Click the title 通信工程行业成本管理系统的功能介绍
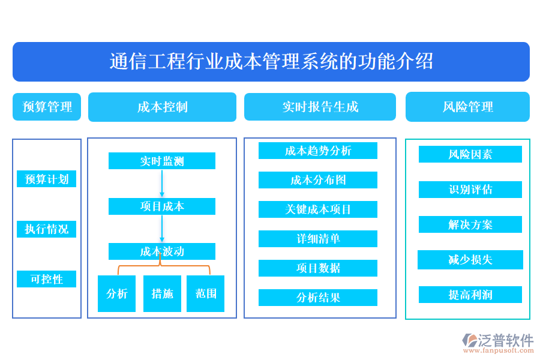click(271, 61)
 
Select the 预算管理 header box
click(47, 107)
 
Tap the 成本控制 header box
click(162, 107)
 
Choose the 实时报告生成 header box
click(320, 107)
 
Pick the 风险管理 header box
click(467, 107)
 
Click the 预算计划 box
click(47, 179)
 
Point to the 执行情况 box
click(47, 229)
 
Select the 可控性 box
click(47, 279)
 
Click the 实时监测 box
click(162, 161)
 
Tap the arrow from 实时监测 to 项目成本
click(162, 184)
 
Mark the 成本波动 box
click(162, 251)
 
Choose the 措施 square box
click(162, 293)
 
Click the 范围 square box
click(205, 293)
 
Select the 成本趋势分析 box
click(318, 151)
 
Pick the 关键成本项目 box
click(318, 209)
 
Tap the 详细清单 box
click(318, 239)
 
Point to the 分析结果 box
click(318, 298)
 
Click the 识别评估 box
click(470, 190)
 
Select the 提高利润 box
click(470, 295)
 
